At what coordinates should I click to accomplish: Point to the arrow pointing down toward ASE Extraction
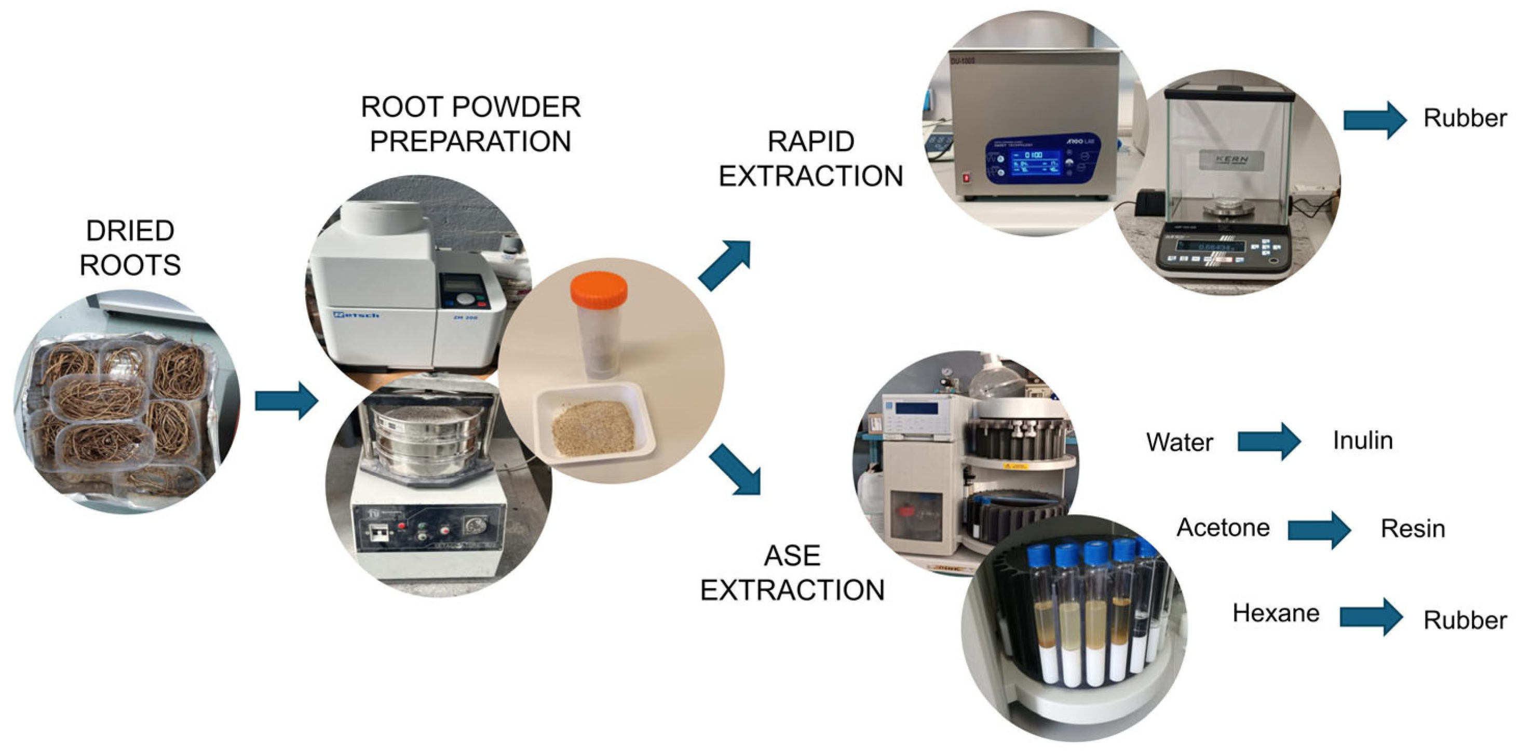pyautogui.click(x=736, y=469)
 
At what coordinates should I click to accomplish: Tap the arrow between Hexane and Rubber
pyautogui.click(x=1371, y=617)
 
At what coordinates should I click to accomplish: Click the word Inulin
pyautogui.click(x=1363, y=441)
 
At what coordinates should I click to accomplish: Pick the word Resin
pyautogui.click(x=1413, y=529)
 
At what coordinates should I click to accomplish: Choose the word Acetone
pyautogui.click(x=1223, y=527)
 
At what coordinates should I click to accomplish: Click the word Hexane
pyautogui.click(x=1276, y=613)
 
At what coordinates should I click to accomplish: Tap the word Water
pyautogui.click(x=1180, y=442)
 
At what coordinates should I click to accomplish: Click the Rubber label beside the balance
pyautogui.click(x=1465, y=118)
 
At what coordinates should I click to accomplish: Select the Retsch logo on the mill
pyautogui.click(x=356, y=315)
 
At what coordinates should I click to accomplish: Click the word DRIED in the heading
pyautogui.click(x=130, y=231)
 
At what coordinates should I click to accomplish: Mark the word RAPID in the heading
pyautogui.click(x=811, y=142)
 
